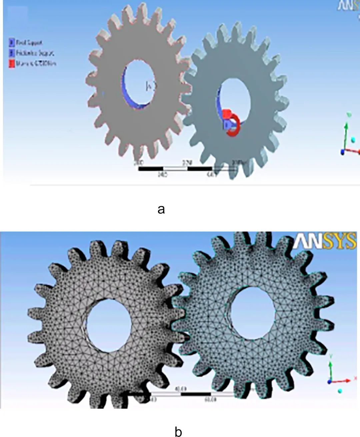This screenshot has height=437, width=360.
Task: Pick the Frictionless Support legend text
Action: coord(35,53)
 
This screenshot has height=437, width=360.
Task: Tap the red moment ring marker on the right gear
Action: coord(233,125)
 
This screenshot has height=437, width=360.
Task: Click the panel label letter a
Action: coord(161,209)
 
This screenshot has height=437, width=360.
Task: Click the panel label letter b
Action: coord(178,431)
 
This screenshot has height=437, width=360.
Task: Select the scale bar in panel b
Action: coord(190,394)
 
